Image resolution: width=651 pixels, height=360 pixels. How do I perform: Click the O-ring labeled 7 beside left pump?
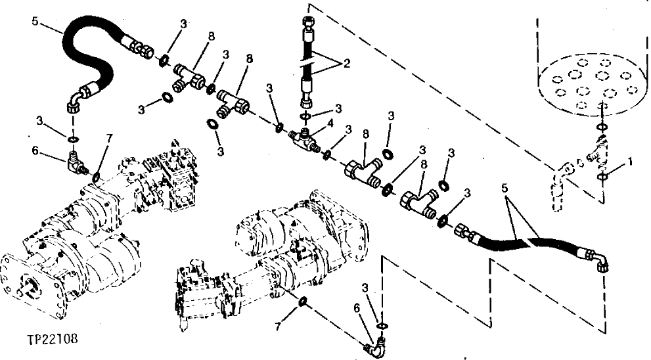coord(97,177)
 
